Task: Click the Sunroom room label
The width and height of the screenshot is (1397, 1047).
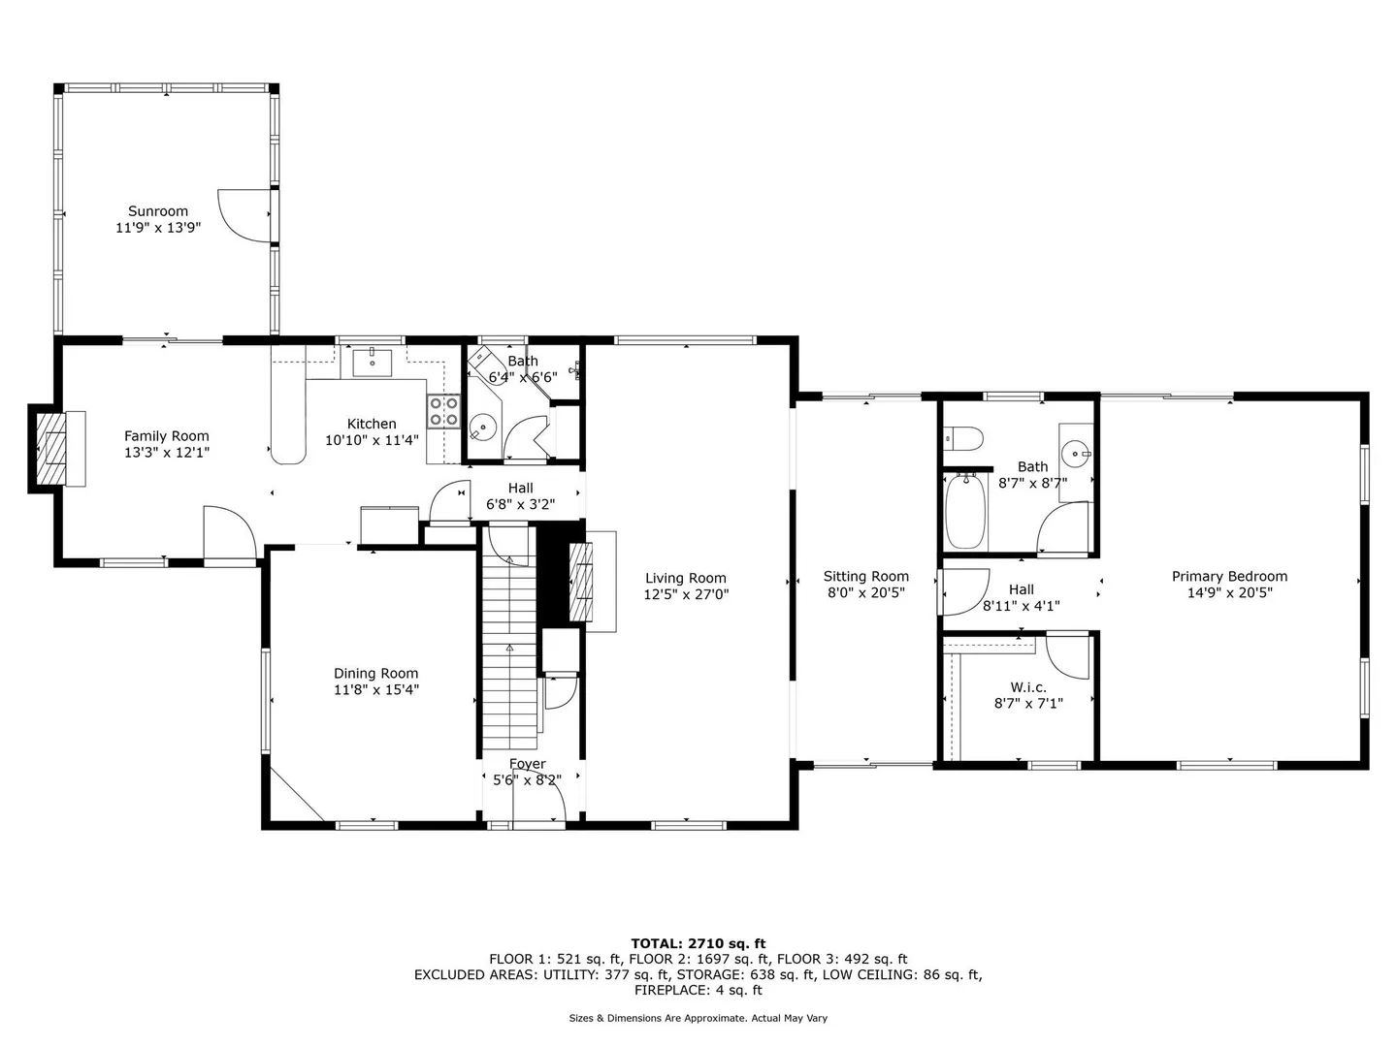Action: (158, 211)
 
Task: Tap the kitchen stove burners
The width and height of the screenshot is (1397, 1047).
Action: (443, 411)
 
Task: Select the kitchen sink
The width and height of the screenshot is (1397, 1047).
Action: (372, 362)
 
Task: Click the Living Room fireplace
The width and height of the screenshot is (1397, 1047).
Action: (580, 582)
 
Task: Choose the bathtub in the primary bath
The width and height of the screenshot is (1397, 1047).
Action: (965, 511)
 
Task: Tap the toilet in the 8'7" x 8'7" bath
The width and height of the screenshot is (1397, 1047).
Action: (963, 438)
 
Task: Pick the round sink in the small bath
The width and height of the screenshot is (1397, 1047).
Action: (483, 427)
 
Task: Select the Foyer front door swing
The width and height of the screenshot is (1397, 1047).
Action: (539, 795)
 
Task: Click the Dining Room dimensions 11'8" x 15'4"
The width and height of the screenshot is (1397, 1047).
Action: (376, 689)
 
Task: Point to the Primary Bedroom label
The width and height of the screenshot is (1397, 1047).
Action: (1229, 576)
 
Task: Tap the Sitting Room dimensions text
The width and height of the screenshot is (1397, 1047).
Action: (865, 592)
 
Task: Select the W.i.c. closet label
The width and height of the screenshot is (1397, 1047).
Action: (1028, 687)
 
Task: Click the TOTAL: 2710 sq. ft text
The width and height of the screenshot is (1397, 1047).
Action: (698, 943)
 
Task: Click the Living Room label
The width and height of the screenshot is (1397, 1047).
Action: (686, 578)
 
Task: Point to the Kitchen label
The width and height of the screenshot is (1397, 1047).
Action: (372, 424)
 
